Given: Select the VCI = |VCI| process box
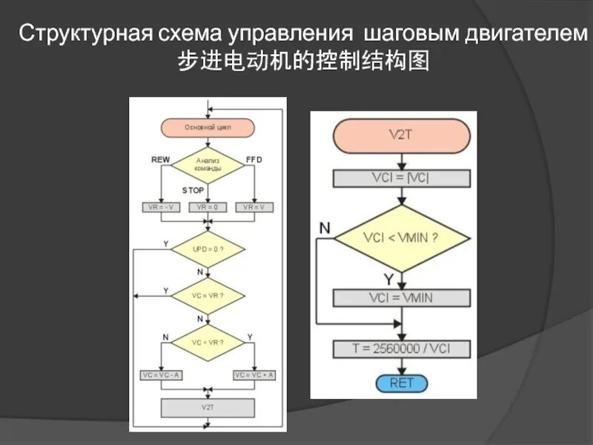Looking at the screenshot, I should coord(401,179).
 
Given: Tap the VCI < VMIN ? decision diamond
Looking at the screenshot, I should coord(401,239).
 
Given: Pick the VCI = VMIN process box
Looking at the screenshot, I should coord(401,298).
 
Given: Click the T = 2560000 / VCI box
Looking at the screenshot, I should coord(401,348).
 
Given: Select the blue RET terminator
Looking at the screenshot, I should coord(401,383).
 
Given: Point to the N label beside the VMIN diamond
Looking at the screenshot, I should coord(325,228).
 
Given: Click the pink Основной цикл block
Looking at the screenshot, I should coord(208,128).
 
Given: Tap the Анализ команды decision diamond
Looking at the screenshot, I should coord(208,165).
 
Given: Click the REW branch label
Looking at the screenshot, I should coord(160,159).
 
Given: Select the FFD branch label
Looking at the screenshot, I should coord(254,159).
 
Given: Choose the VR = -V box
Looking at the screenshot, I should coord(161,207).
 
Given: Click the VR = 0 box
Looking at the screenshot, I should coord(208,207).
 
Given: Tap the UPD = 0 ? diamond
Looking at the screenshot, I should coord(208,249).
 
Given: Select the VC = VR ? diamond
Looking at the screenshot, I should coord(208,295).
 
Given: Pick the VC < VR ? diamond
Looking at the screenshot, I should coord(208,342).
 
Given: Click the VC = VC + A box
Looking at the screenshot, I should coord(254,375).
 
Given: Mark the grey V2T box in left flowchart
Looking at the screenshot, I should coord(208,408).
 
